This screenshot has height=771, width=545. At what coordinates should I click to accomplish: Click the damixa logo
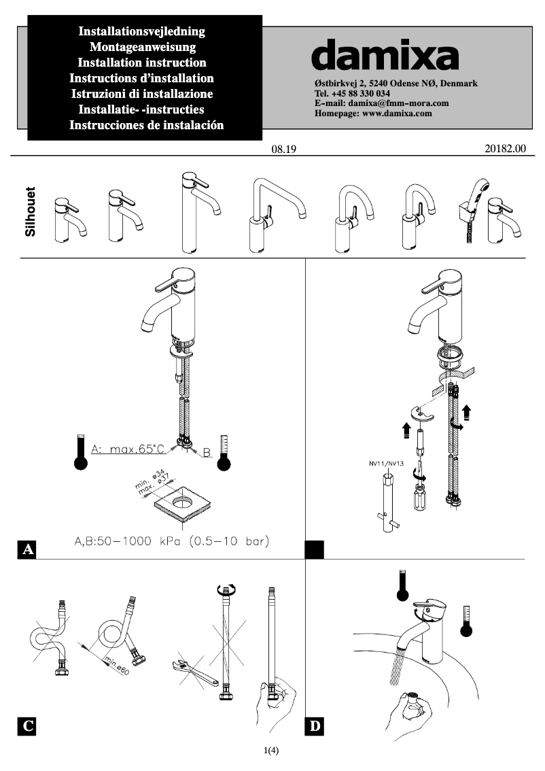pyautogui.click(x=385, y=54)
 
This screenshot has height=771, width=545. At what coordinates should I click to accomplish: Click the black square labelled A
pyautogui.click(x=27, y=549)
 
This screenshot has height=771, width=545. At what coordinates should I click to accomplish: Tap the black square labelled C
pyautogui.click(x=27, y=726)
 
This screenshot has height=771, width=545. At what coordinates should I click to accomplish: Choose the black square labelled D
pyautogui.click(x=315, y=726)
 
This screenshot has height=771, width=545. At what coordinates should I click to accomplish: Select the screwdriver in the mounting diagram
pyautogui.click(x=417, y=492)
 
